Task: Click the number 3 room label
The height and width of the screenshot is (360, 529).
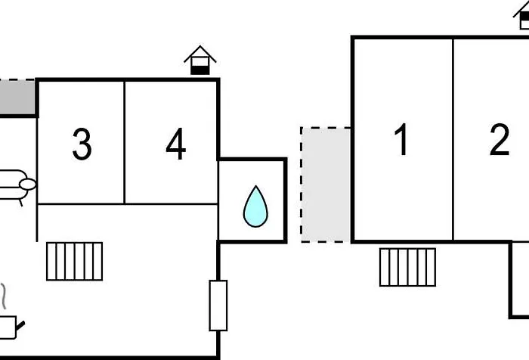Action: tap(82, 144)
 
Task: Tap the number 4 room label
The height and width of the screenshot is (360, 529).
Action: tap(176, 144)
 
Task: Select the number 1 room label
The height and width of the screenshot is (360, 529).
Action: tap(401, 139)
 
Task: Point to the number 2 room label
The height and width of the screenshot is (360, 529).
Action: tap(500, 139)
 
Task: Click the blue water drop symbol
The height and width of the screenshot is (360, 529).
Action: tap(255, 206)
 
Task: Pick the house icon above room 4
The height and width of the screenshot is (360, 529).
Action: tap(200, 60)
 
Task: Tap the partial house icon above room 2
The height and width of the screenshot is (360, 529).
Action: tap(521, 15)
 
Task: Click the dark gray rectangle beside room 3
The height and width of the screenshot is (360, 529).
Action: tap(17, 98)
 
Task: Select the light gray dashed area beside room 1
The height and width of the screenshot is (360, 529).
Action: tap(326, 185)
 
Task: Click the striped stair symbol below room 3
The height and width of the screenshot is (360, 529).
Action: tap(75, 262)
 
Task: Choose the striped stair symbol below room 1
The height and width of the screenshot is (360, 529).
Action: tap(407, 267)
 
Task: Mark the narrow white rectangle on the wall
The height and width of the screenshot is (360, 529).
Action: tap(218, 306)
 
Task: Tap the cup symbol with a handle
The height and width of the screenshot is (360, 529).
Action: tap(10, 327)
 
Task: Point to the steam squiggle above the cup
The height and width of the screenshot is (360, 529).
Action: tap(4, 296)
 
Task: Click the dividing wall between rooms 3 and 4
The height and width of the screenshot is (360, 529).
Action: tap(125, 142)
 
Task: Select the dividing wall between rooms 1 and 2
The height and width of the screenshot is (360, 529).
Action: tap(453, 139)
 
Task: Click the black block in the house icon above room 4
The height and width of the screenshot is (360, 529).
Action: tap(200, 70)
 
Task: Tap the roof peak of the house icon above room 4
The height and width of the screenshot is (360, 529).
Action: tap(200, 46)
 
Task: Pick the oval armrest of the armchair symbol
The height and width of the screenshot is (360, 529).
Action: tap(28, 185)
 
